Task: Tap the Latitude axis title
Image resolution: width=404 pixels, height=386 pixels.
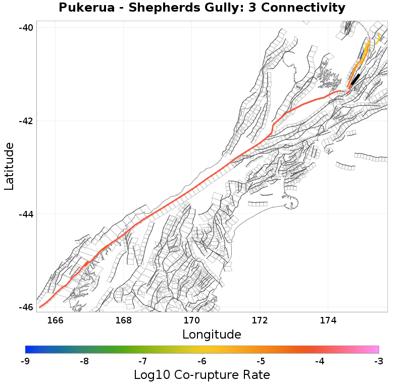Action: tap(9, 166)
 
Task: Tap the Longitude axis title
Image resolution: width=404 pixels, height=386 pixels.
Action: tap(212, 334)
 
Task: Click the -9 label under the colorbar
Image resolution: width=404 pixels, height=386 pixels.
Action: tap(25, 361)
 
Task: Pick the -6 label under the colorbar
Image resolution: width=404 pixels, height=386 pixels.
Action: tap(202, 361)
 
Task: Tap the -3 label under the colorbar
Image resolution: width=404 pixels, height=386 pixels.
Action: tap(379, 361)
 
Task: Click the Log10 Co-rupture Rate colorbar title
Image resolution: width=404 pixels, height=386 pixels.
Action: tap(201, 375)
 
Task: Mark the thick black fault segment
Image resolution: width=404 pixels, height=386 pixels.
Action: tap(356, 79)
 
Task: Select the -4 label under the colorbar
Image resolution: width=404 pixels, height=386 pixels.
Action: tap(320, 361)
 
